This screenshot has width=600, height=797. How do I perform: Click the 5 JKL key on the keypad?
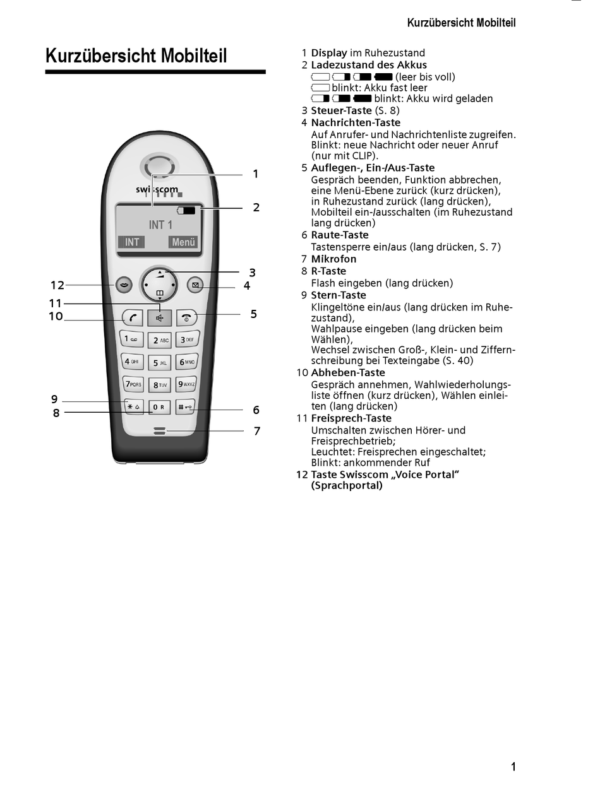(x=159, y=363)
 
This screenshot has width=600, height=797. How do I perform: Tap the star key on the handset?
(x=134, y=407)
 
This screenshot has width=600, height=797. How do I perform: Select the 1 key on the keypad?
(x=132, y=339)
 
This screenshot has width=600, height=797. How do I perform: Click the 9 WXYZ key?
(x=186, y=384)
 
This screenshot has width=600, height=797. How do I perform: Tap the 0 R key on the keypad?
(x=159, y=407)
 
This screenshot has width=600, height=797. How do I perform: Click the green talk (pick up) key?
(x=132, y=317)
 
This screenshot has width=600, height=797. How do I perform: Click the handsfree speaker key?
(x=159, y=317)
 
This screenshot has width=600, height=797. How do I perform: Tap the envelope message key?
(x=195, y=285)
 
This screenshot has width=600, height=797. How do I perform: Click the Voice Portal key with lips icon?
(x=124, y=285)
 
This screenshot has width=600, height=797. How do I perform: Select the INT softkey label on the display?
(x=132, y=242)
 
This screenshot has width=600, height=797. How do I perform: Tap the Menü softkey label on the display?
(x=183, y=242)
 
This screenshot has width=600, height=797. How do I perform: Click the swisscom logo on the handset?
(x=157, y=189)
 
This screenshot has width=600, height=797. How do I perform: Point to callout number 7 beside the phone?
(x=256, y=432)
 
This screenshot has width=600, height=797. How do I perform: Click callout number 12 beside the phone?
(x=57, y=285)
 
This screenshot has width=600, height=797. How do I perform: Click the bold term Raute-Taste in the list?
(x=339, y=235)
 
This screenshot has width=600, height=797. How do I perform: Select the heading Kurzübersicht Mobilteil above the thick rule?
(x=136, y=56)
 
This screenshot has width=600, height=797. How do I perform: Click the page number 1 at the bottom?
(x=513, y=767)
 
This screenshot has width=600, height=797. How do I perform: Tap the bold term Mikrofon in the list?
(x=333, y=259)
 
